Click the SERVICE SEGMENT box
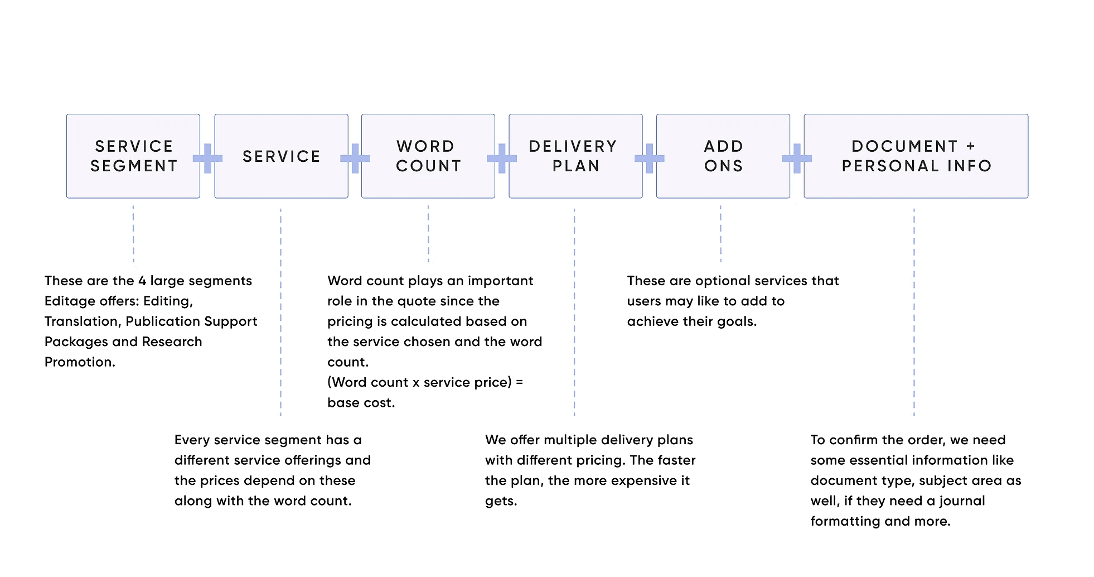coord(133,156)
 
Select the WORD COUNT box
coord(428,156)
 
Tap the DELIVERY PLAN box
coord(575,156)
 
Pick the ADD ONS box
coord(723,156)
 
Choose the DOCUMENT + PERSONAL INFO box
coord(916,156)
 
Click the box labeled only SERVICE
coord(282,156)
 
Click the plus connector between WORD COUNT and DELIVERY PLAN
coord(502,158)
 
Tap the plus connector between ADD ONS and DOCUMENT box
coord(797,158)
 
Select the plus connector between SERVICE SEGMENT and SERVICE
coord(207,158)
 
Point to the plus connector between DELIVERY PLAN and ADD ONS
coord(650,158)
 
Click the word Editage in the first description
coord(70,301)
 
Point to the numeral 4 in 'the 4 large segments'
coord(142,281)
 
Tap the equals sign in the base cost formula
coord(519,382)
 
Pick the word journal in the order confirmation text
coord(962,501)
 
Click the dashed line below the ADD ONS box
coord(720,233)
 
